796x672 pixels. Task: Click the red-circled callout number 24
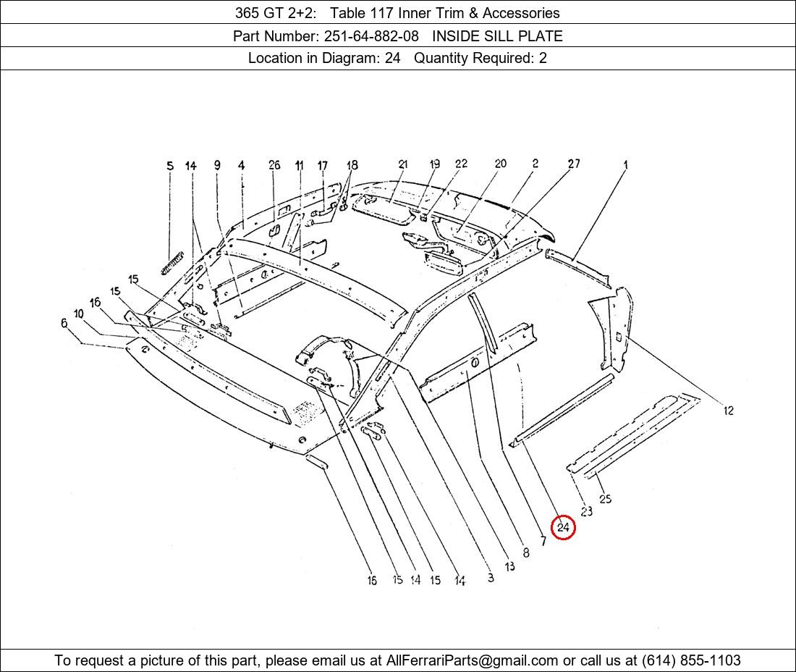tap(563, 528)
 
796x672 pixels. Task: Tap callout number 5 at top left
tap(170, 166)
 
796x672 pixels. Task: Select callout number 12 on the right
tap(728, 411)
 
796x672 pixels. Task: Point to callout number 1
tap(625, 165)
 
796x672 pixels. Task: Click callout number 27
tap(573, 164)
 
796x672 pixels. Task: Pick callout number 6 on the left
tap(64, 323)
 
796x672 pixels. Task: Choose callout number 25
tap(605, 498)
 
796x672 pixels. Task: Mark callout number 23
tap(586, 511)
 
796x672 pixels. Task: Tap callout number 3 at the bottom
tap(491, 578)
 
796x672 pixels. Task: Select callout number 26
tap(274, 165)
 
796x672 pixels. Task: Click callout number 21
tap(403, 164)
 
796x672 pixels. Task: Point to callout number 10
tap(78, 314)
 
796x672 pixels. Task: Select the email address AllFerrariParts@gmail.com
tap(473, 660)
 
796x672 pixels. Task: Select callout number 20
tap(500, 164)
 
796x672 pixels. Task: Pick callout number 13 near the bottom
tap(510, 566)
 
